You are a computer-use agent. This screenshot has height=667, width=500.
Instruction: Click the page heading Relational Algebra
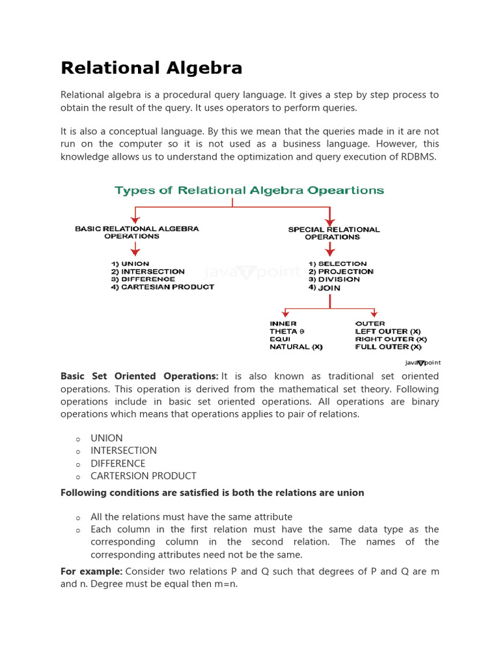(151, 68)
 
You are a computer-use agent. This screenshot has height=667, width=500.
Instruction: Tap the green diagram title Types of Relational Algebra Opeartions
(249, 190)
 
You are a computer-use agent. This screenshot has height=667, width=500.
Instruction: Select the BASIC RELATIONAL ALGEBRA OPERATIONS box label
(137, 233)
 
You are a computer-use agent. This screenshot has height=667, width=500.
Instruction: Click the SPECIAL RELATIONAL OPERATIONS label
(333, 233)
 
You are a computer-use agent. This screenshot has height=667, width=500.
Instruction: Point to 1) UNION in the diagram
(130, 264)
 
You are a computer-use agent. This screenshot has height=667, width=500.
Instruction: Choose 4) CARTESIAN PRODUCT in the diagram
(162, 287)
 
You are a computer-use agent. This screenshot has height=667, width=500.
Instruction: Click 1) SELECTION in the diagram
(337, 264)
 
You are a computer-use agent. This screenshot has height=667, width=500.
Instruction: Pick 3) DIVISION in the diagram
(334, 279)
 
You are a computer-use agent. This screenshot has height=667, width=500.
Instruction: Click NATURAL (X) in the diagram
(296, 347)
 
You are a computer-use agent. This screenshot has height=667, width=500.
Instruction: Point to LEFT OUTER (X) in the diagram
(387, 332)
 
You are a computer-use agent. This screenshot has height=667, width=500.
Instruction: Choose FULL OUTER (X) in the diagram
(387, 347)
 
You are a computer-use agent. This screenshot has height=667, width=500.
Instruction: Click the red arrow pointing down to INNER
(285, 313)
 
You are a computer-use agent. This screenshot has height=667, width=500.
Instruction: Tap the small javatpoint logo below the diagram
(423, 363)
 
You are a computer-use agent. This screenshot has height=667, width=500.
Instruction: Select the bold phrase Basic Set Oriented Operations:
(139, 376)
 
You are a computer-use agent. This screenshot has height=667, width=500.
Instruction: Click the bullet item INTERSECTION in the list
(124, 451)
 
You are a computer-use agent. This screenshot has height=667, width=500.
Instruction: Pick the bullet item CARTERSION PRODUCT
(143, 476)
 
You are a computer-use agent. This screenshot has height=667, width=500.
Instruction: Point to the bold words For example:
(91, 571)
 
